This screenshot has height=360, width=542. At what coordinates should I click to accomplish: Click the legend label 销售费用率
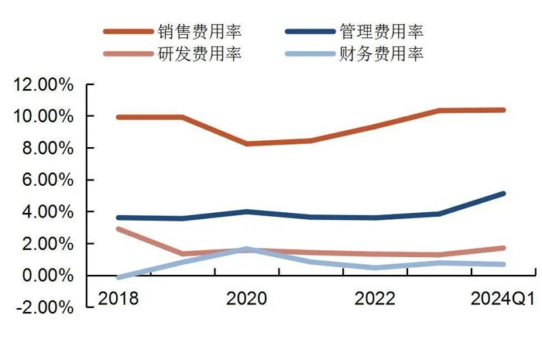coord(199,32)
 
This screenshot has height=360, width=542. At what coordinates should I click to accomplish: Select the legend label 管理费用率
coord(382,32)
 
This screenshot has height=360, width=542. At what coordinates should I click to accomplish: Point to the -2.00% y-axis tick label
coord(43,307)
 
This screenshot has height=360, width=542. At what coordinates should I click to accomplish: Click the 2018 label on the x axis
coord(118,299)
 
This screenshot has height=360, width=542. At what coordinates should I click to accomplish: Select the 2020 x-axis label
coord(246,299)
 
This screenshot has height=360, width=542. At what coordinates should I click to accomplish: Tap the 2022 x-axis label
coord(375,299)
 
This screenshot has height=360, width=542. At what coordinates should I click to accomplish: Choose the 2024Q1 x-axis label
coord(502,299)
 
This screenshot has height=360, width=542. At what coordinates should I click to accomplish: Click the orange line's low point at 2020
coord(246,144)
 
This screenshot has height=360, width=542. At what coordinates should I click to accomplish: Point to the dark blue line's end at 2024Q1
coord(503,194)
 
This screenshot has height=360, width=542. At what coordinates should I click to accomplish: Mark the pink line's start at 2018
coord(118,229)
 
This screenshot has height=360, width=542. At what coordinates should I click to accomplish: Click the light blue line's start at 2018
coord(118,276)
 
